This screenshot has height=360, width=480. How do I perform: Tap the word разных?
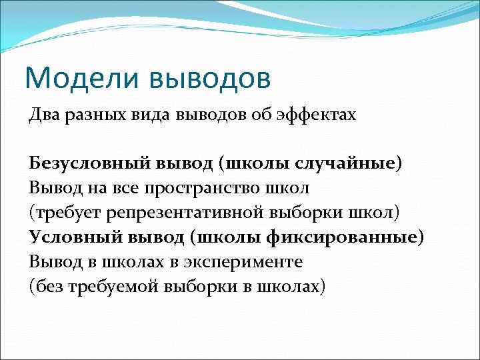(87, 115)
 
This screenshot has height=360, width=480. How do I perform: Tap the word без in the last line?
(47, 286)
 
